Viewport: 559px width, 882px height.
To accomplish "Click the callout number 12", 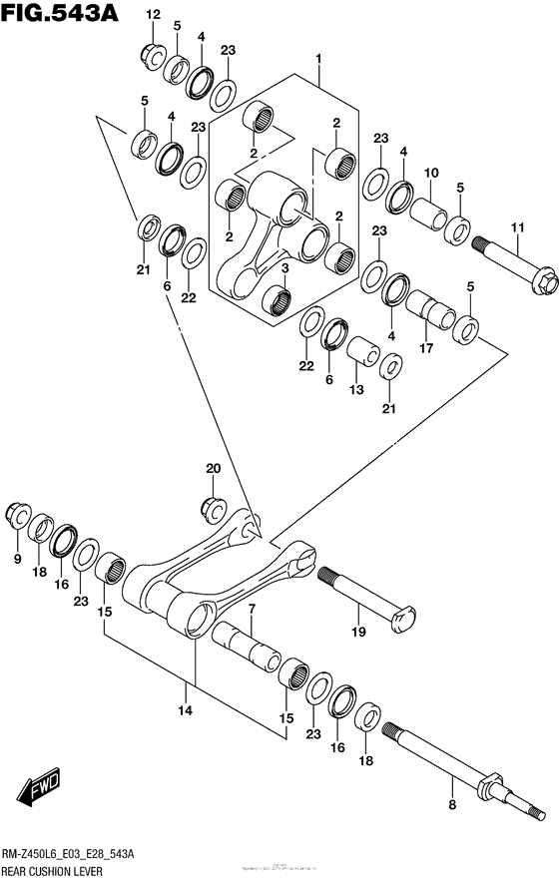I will (x=152, y=14).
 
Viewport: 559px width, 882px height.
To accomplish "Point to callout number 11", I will (x=517, y=228).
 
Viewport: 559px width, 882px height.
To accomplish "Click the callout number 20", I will (x=212, y=468).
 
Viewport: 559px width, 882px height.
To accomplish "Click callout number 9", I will (x=17, y=560).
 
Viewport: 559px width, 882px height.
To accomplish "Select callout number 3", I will (x=285, y=268).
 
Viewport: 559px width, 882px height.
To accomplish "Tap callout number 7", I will (x=253, y=608).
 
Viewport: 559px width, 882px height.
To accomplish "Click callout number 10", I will (x=431, y=174).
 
